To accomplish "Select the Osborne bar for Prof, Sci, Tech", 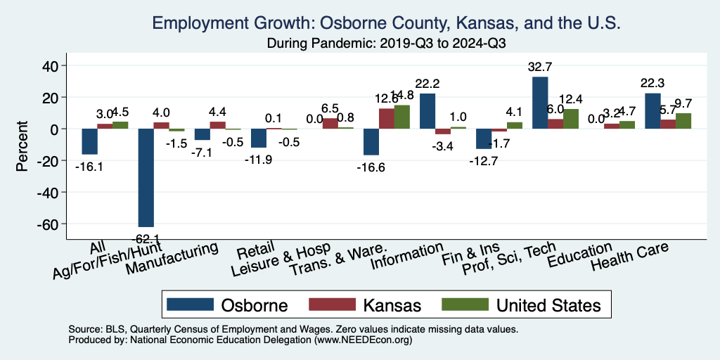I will point(540,103).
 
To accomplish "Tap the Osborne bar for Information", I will point(427,111).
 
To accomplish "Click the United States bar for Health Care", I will point(683,121).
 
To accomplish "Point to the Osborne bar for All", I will point(89,141).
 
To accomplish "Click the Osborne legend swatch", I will point(189,304).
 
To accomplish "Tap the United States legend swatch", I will point(464,304).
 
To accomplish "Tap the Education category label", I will point(580,257).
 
